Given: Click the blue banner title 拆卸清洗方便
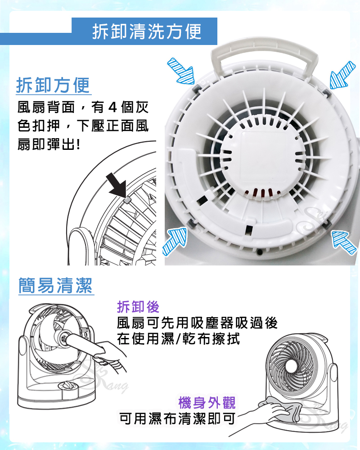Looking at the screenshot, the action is pyautogui.click(x=147, y=31).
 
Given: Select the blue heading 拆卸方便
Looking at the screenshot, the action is pyautogui.click(x=53, y=85).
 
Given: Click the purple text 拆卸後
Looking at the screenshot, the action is pyautogui.click(x=138, y=307).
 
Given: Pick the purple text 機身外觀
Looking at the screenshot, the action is pyautogui.click(x=207, y=402).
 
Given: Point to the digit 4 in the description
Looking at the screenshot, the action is pyautogui.click(x=112, y=108).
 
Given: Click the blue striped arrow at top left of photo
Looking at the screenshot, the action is pyautogui.click(x=181, y=71).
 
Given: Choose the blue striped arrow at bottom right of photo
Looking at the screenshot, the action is pyautogui.click(x=344, y=242).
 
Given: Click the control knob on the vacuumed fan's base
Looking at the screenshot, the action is pyautogui.click(x=67, y=385).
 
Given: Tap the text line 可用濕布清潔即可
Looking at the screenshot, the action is pyautogui.click(x=177, y=418).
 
